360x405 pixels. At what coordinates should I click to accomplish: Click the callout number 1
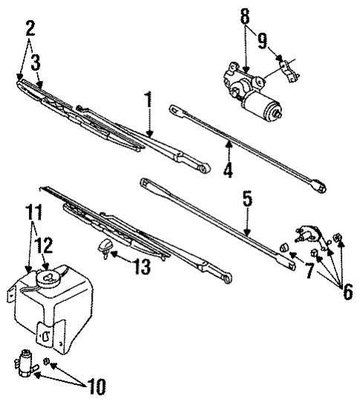point(148,99)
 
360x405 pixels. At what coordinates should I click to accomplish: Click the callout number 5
point(247,199)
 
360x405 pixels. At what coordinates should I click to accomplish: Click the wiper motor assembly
point(254,91)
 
